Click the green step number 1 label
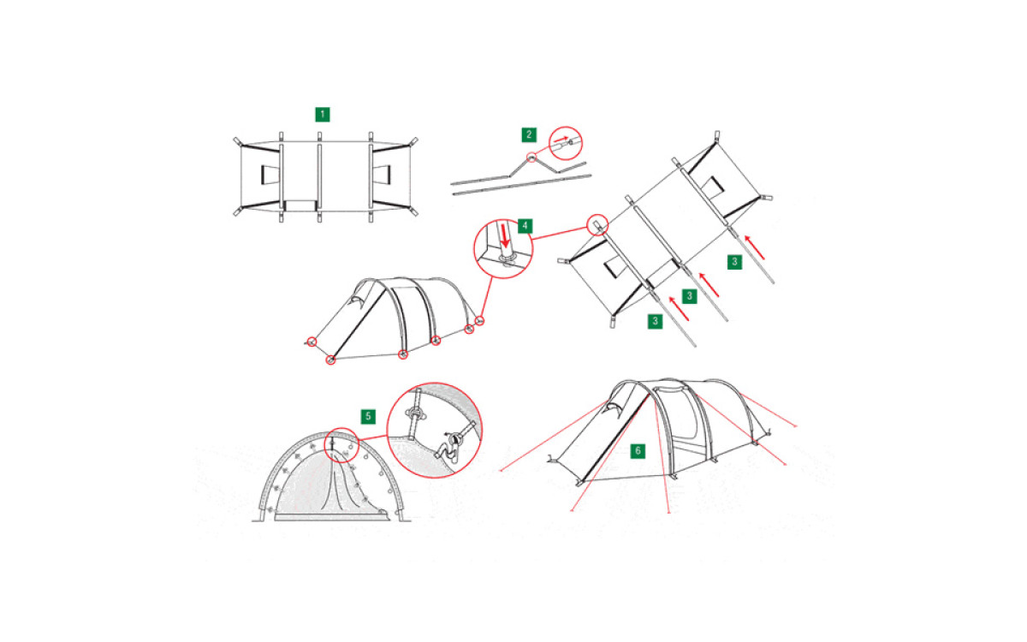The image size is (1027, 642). click(323, 114)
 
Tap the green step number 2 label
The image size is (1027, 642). click(529, 135)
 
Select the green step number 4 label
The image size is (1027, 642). click(525, 226)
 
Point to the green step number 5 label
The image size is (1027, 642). click(368, 416)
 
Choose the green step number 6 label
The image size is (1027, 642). click(638, 451)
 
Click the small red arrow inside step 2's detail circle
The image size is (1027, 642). click(561, 139)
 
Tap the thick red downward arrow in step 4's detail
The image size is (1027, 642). click(505, 235)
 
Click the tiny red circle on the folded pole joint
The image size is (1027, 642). click(531, 158)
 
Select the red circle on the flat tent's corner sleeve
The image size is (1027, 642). click(598, 224)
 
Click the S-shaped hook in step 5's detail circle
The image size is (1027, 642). click(444, 449)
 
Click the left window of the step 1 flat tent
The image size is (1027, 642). click(270, 175)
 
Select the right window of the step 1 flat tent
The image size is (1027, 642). click(382, 175)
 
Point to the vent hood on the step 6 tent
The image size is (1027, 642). click(614, 407)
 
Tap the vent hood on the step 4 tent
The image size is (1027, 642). click(356, 300)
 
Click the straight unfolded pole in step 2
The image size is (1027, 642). click(522, 185)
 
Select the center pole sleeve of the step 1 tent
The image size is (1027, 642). click(319, 177)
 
